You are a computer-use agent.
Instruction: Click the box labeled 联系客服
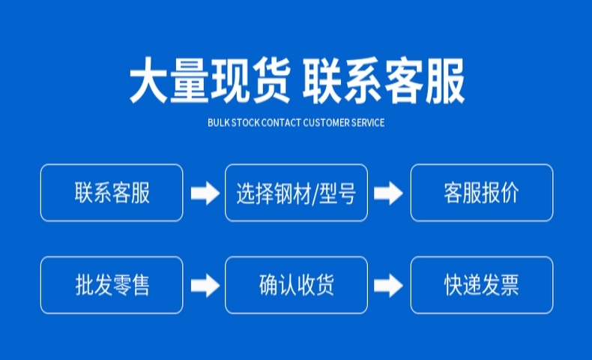112,193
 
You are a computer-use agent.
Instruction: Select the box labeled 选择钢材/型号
296,193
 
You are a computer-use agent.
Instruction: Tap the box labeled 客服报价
481,193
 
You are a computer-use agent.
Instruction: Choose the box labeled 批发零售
112,285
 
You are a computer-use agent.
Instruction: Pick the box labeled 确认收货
296,285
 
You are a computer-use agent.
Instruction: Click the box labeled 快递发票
481,285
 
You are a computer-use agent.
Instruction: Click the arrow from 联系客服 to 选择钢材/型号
204,193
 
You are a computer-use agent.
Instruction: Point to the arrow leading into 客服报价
388,193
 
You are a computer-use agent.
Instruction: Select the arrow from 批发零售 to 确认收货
204,285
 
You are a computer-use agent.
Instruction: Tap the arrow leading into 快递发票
388,285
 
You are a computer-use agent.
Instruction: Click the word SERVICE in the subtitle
368,122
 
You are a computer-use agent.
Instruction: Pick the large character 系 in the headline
365,80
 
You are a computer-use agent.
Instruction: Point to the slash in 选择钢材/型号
316,193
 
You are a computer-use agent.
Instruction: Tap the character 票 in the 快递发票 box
510,285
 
